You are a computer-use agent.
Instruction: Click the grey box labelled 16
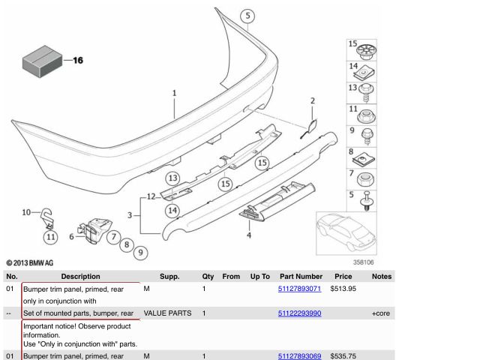42,61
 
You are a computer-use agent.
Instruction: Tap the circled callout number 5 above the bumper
247,16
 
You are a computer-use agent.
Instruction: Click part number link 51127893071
299,289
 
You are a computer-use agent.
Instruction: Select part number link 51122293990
299,313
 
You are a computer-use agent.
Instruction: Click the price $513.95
343,289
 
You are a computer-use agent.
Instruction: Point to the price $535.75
343,356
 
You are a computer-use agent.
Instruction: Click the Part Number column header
301,277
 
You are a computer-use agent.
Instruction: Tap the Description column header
80,277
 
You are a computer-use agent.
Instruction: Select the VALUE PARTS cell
167,313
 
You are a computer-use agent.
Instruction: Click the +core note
381,313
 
